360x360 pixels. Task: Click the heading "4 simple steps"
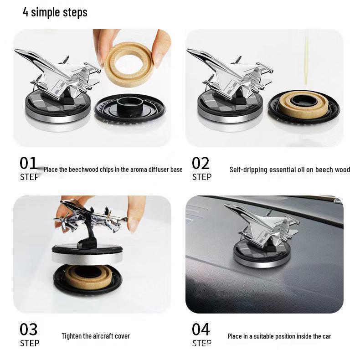(55, 12)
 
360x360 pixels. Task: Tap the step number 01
(28, 163)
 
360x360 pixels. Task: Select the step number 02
(201, 163)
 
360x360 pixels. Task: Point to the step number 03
(28, 329)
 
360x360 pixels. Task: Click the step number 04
(201, 329)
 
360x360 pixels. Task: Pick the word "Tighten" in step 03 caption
(72, 336)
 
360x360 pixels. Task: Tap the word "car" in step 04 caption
(326, 336)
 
